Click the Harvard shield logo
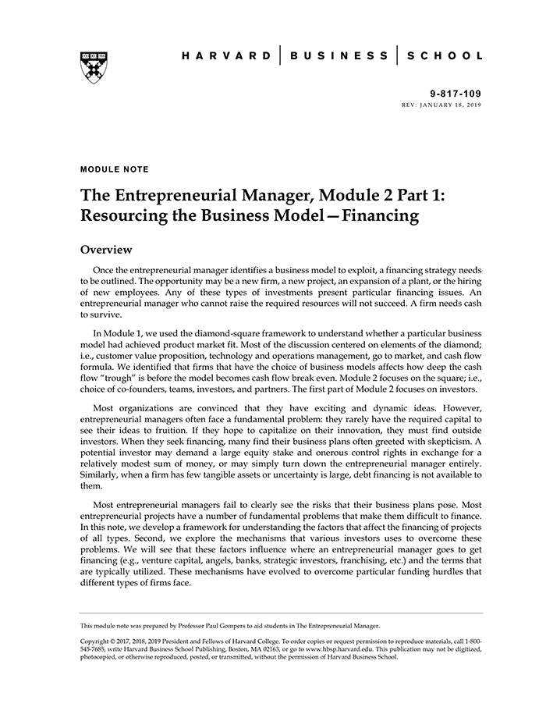(94, 67)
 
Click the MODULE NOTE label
(114, 169)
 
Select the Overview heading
(106, 250)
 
